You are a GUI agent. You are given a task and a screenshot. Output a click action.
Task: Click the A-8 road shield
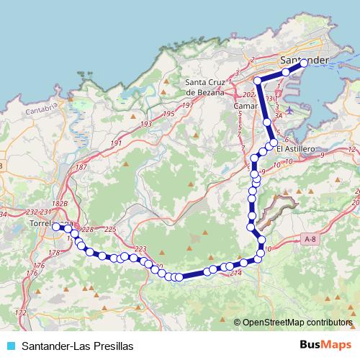[310, 239]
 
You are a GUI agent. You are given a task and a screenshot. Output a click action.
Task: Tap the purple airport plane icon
[289, 110]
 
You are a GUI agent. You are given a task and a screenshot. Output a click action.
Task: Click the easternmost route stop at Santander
[303, 63]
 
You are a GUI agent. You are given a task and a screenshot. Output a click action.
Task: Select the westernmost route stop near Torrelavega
[55, 226]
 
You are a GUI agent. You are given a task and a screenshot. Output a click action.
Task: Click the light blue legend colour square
[10, 346]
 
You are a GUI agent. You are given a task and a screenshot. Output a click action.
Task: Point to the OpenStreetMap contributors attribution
[297, 323]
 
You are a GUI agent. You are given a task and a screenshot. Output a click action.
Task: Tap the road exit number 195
[169, 114]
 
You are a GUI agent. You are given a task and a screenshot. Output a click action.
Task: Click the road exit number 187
[81, 167]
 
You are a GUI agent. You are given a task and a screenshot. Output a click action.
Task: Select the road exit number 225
[110, 229]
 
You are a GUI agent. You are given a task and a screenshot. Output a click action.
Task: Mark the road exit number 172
[21, 312]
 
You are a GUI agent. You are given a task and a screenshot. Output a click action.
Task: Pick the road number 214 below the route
[235, 272]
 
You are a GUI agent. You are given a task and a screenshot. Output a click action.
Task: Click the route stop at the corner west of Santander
[258, 81]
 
